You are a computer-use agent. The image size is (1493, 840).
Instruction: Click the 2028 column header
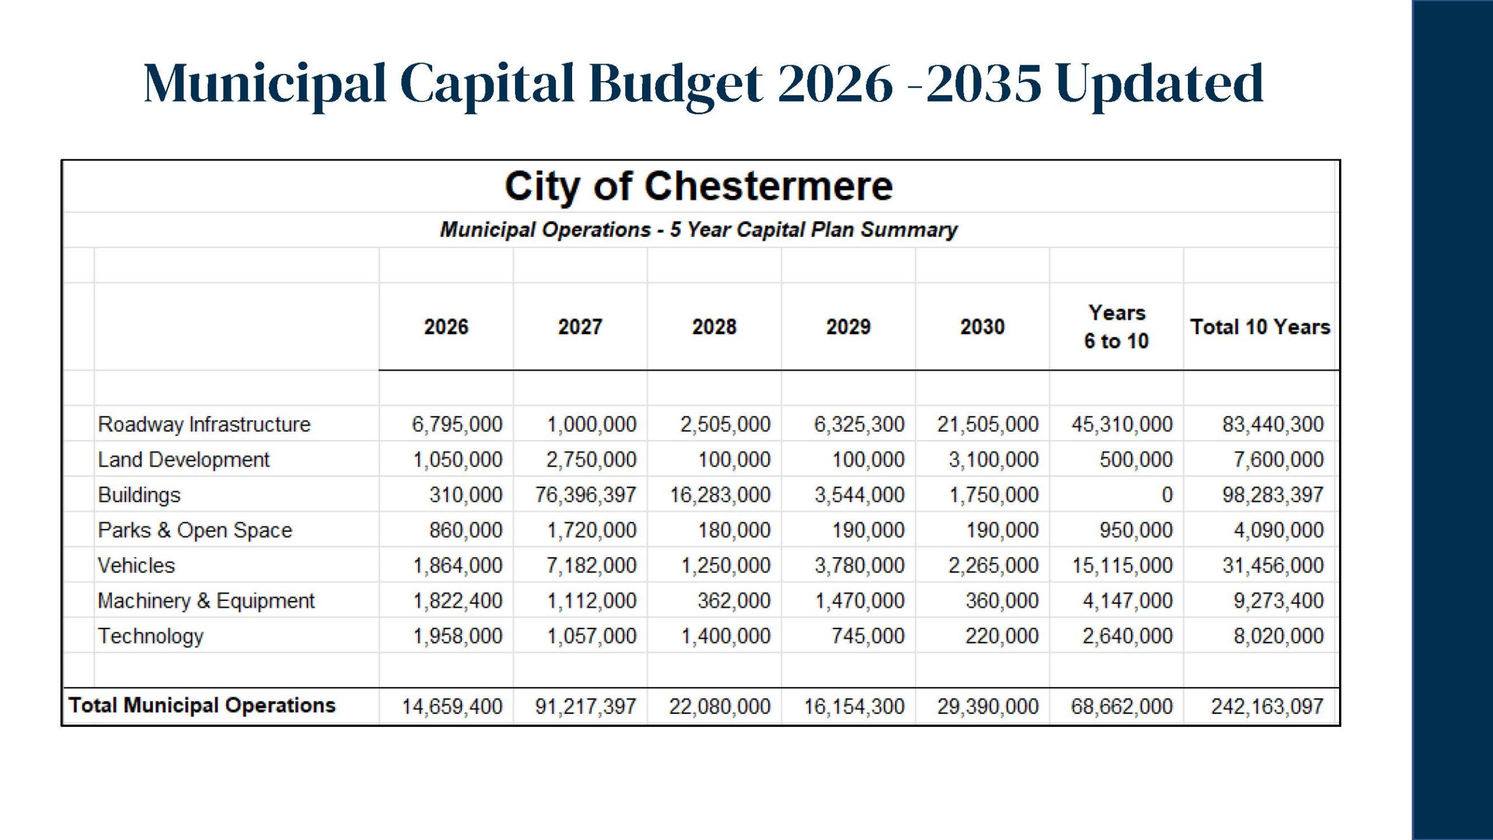(x=714, y=327)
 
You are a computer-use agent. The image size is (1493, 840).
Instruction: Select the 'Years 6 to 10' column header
(x=1116, y=327)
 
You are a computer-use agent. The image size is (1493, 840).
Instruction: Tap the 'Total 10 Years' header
(x=1260, y=327)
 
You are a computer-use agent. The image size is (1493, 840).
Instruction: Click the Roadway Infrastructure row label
(x=204, y=424)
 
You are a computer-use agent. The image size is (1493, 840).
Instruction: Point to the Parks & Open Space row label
(x=195, y=530)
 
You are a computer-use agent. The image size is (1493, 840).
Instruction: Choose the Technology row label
(x=150, y=636)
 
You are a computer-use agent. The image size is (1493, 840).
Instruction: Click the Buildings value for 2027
(x=586, y=495)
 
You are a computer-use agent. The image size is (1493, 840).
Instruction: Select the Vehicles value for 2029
(x=860, y=565)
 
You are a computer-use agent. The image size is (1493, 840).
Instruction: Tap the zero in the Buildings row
(x=1166, y=495)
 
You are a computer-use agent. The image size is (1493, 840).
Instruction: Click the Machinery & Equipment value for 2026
(x=457, y=600)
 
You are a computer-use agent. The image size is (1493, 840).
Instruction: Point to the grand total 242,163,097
(x=1267, y=706)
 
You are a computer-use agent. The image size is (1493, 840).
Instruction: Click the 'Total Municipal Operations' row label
(x=202, y=705)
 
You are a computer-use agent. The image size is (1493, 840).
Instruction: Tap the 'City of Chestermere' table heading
(x=699, y=186)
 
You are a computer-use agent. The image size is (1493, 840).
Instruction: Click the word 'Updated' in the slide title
(x=1159, y=83)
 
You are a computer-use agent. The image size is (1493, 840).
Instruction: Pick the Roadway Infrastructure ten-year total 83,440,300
(x=1273, y=424)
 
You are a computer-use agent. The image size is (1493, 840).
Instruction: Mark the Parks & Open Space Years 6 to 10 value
(x=1136, y=530)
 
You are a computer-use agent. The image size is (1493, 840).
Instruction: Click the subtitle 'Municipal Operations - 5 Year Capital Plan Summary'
(x=699, y=229)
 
